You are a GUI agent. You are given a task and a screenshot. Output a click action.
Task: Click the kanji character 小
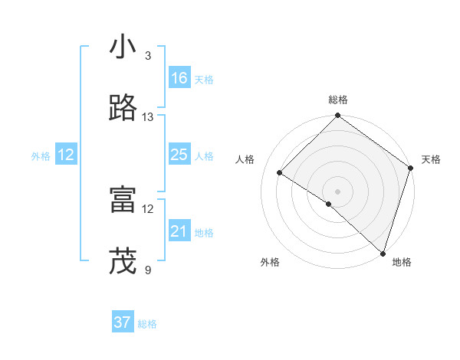click(x=123, y=47)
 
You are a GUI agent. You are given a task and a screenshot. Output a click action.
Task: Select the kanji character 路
click(x=123, y=109)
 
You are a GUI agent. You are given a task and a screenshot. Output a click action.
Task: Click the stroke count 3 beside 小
click(x=147, y=56)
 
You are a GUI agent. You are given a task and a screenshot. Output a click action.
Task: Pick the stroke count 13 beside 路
click(x=148, y=117)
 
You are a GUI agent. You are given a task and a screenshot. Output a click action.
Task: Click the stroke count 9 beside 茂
click(x=147, y=270)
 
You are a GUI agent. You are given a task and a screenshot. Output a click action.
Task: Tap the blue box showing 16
click(x=179, y=77)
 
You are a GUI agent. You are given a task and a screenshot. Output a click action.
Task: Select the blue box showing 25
click(x=179, y=155)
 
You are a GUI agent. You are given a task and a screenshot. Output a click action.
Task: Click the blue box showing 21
click(x=179, y=231)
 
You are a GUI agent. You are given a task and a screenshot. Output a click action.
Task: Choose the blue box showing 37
click(x=122, y=322)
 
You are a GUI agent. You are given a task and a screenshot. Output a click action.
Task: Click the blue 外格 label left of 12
click(x=41, y=156)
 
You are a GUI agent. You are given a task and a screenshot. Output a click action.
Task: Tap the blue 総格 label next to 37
click(x=147, y=324)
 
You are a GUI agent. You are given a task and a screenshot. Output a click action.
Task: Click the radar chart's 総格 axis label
click(x=337, y=100)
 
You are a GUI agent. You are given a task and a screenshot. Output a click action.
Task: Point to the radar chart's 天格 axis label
click(x=431, y=159)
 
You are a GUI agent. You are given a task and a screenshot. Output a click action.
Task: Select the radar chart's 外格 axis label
click(x=270, y=262)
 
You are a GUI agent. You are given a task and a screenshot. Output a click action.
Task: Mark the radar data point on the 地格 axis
click(x=383, y=253)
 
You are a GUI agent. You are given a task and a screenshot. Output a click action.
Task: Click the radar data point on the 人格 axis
click(x=280, y=172)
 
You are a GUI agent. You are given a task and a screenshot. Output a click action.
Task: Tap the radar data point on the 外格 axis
click(x=329, y=204)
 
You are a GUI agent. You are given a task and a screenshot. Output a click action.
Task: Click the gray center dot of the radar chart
click(x=337, y=191)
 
